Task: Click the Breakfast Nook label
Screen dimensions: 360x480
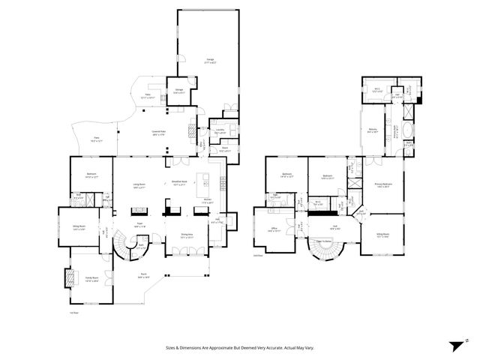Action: coord(178,181)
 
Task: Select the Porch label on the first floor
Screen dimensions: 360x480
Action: coord(142,275)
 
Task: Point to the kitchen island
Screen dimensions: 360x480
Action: coord(200,180)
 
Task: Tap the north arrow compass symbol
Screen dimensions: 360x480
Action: coord(458,346)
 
